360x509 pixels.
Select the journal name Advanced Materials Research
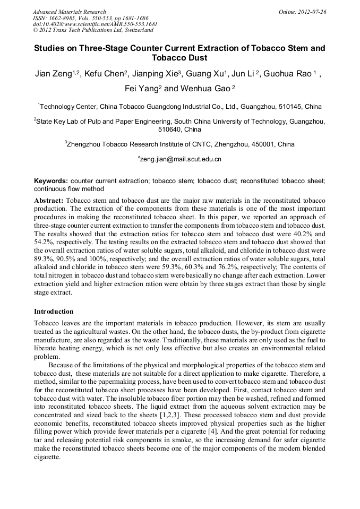pyautogui.click(x=69, y=12)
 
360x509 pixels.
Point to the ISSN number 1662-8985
pyautogui.click(x=60, y=18)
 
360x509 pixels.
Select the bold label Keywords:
pyautogui.click(x=51, y=181)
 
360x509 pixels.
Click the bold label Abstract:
pyautogui.click(x=49, y=201)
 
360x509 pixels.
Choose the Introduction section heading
pyautogui.click(x=54, y=311)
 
